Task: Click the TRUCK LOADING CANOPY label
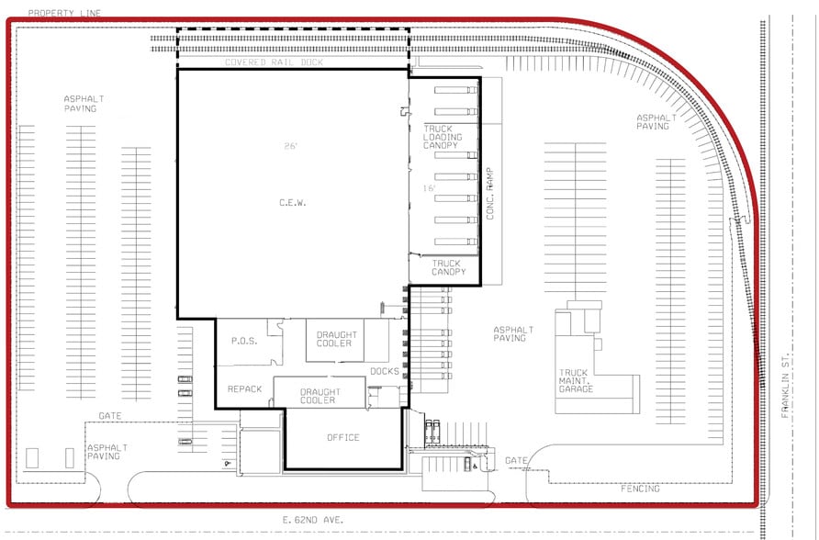pos(443,138)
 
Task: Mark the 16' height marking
pos(429,188)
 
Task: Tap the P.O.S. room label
pos(243,342)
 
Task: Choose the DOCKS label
pos(384,372)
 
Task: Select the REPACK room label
pos(245,389)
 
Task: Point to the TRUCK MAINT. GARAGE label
pos(577,381)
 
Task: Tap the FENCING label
pos(640,489)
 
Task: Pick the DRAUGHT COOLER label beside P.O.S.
pos(334,339)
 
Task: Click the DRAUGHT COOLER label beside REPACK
pos(319,397)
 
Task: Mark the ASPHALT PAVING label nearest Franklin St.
pos(656,121)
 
